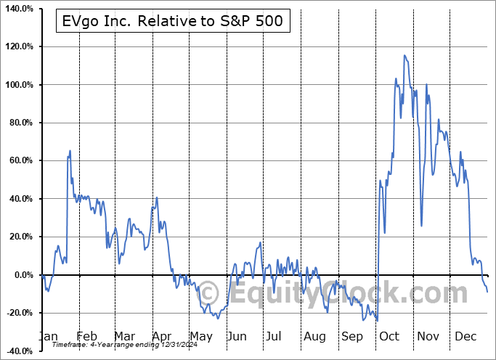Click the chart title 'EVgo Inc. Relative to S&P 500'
pyautogui.click(x=174, y=22)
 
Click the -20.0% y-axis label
pyautogui.click(x=20, y=313)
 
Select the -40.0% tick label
pyautogui.click(x=20, y=351)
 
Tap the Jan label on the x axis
pyautogui.click(x=48, y=337)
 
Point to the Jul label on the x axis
pyautogui.click(x=275, y=337)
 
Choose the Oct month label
pyautogui.click(x=389, y=337)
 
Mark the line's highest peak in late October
pyautogui.click(x=404, y=55)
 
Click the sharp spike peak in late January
pyautogui.click(x=70, y=151)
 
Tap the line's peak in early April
pyautogui.click(x=157, y=197)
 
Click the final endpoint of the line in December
pyautogui.click(x=487, y=292)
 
